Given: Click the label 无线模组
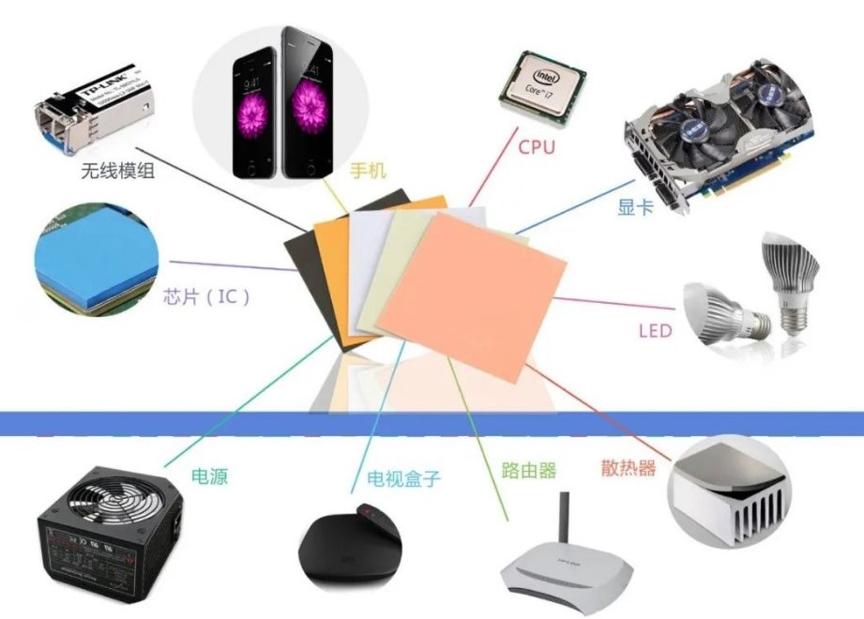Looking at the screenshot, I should click(x=118, y=169).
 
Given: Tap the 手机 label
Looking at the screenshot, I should click(x=368, y=171).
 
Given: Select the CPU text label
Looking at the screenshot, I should click(x=537, y=146).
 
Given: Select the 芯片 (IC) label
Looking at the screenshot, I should click(x=207, y=297).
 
